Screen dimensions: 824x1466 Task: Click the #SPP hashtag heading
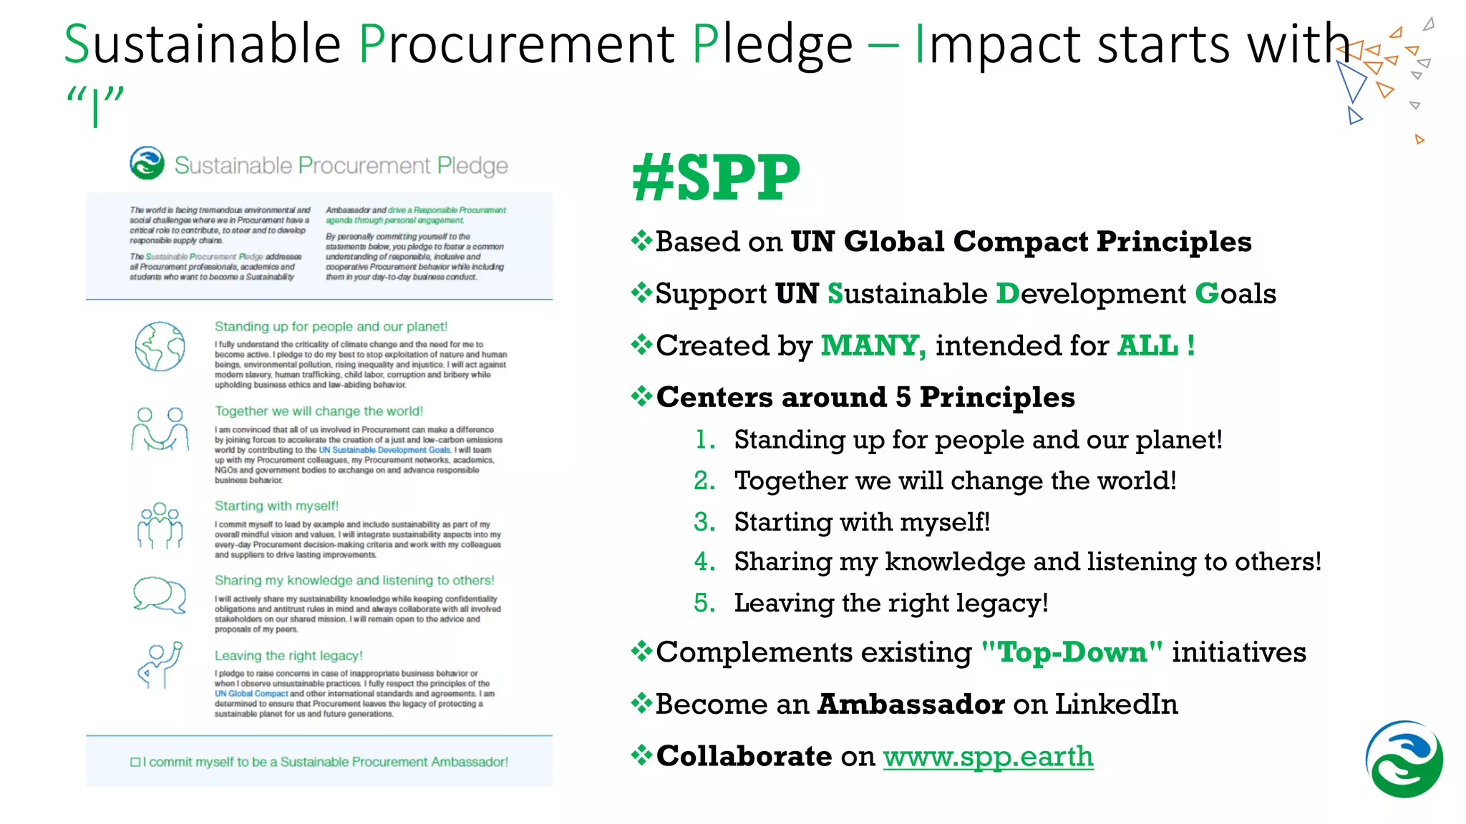point(716,177)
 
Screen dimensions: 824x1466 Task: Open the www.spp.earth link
point(988,756)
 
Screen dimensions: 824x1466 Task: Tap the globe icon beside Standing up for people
point(160,346)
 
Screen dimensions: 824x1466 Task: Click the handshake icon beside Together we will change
point(160,428)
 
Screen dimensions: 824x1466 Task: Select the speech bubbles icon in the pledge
point(160,594)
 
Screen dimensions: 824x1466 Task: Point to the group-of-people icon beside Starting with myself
point(160,525)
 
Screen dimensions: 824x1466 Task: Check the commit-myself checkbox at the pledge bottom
point(135,762)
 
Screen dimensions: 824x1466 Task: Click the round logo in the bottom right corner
point(1404,759)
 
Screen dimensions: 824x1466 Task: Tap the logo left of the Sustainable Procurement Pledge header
point(147,163)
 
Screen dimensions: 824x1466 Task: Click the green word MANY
point(873,345)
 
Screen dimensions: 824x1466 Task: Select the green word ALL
point(1147,345)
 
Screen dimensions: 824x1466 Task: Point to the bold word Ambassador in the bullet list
point(911,705)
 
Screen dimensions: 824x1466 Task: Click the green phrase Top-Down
point(1072,652)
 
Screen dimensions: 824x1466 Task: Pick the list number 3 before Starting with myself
point(704,522)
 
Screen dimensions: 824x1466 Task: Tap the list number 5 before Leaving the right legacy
point(704,604)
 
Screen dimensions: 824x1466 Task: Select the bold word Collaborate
point(744,756)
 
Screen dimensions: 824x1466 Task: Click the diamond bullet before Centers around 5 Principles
point(641,396)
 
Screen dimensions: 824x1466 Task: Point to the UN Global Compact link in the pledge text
point(251,694)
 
